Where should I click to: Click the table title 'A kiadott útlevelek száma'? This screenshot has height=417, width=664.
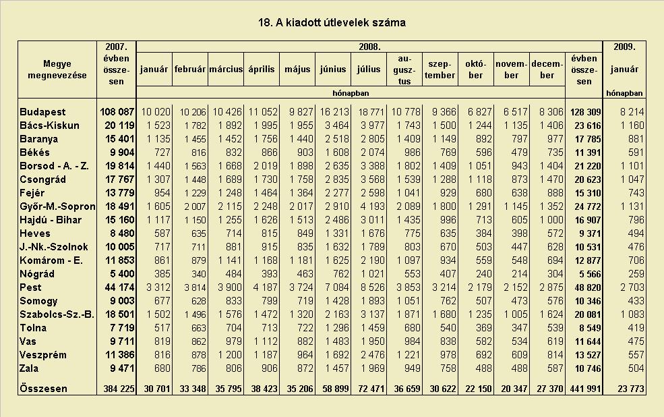[340, 22]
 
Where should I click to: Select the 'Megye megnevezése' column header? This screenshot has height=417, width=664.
[57, 69]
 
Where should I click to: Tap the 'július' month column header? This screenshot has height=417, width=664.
[369, 69]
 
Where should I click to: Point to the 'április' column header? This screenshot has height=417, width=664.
[262, 69]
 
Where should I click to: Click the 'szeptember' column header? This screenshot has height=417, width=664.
[440, 69]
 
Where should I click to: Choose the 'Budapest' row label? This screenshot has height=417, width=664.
[42, 112]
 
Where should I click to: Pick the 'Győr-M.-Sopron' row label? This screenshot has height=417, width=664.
[57, 206]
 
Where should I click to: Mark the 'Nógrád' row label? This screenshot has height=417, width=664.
[37, 274]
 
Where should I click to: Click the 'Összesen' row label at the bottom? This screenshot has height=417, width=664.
[43, 389]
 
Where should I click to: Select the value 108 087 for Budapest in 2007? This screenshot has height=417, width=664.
[117, 112]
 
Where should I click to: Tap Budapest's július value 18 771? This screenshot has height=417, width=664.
[371, 112]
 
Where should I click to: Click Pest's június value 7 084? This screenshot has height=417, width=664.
[337, 287]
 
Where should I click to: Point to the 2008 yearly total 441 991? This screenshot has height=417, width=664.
[585, 389]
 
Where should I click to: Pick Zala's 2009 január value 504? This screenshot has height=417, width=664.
[636, 368]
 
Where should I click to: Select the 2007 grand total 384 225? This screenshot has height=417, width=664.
[119, 389]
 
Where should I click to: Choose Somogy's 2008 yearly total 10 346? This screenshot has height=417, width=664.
[587, 301]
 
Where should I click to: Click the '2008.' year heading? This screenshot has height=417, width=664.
[369, 47]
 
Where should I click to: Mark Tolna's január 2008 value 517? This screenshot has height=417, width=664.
[162, 327]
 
